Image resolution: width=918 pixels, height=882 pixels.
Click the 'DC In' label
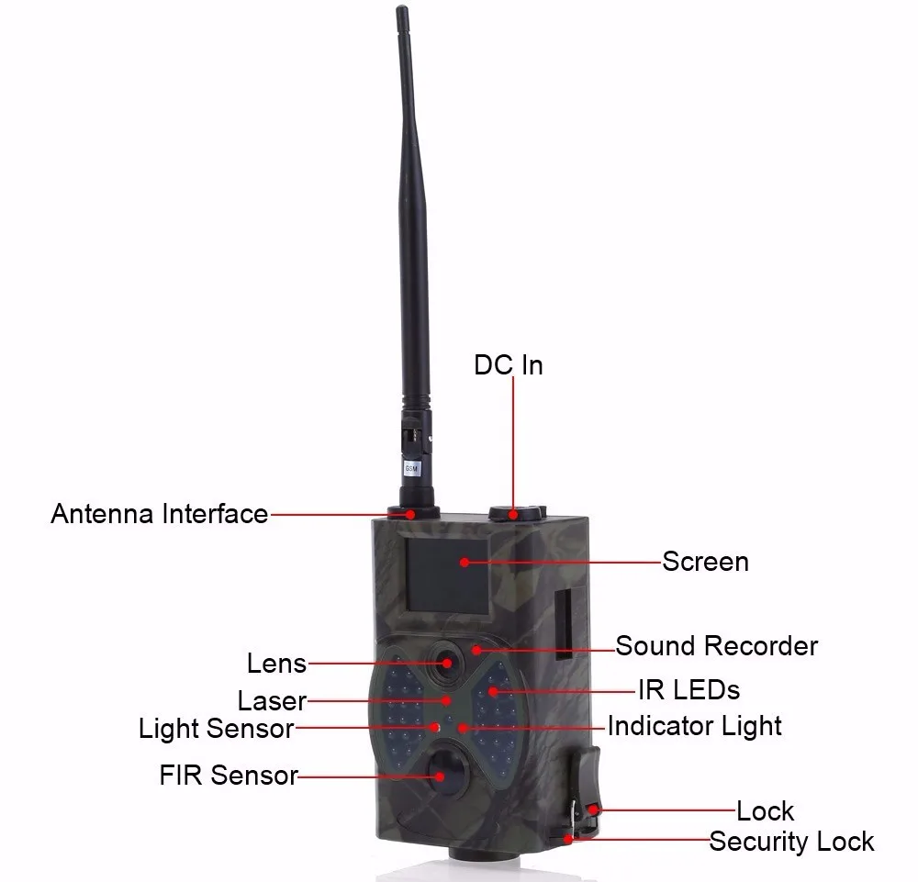coord(508,365)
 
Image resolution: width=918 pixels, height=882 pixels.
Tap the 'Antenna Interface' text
coord(159,514)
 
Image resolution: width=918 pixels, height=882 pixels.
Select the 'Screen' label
coord(705,562)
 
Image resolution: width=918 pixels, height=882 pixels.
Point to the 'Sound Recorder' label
coord(716,645)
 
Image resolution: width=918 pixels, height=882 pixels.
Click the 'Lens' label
coord(276,663)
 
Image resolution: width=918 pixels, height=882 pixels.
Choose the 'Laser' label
coord(272,701)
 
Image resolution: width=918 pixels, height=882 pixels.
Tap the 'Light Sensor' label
coord(216,730)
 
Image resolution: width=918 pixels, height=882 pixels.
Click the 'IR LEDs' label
coord(688,688)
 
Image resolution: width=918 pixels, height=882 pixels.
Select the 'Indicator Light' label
coord(695,726)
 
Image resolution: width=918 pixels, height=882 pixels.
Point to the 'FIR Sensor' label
coord(229,776)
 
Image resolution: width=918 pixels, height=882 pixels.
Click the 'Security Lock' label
coord(791,842)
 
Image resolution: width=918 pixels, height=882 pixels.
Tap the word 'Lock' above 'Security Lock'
coord(765,811)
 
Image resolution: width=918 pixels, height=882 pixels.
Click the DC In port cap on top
coord(515,512)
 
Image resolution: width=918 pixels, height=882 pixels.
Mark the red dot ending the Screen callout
coord(465,562)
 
